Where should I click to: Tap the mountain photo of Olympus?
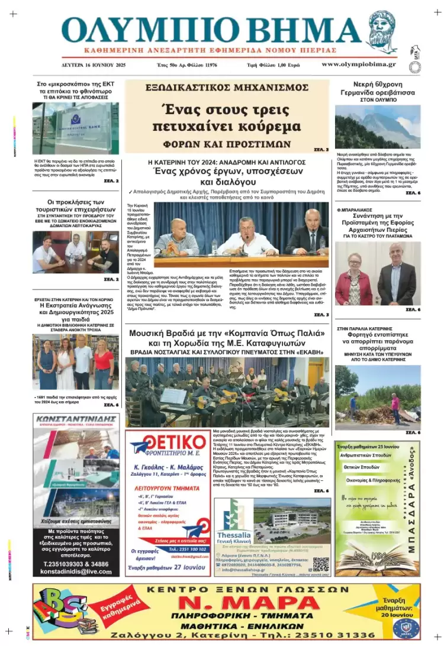pyautogui.click(x=377, y=127)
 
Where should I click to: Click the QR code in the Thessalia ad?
pyautogui.click(x=320, y=563)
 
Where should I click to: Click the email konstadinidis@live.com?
pyautogui.click(x=76, y=571)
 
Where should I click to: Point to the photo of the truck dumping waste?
pyautogui.click(x=377, y=397)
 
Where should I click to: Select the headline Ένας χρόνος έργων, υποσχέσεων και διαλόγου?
pyautogui.click(x=227, y=176)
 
